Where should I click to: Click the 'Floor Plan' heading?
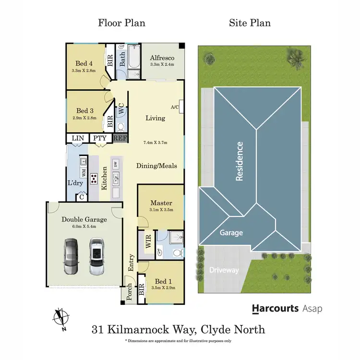[121, 23]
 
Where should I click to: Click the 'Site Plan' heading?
[249, 23]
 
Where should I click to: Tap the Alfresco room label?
[162, 58]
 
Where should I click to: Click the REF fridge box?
[120, 138]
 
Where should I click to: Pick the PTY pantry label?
[100, 138]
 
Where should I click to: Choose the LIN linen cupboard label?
[78, 138]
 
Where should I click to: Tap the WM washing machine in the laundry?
[83, 170]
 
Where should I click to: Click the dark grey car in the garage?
[70, 257]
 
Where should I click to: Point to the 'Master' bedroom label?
[161, 203]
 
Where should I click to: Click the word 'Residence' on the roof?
[240, 161]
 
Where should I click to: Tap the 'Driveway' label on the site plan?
[224, 270]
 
